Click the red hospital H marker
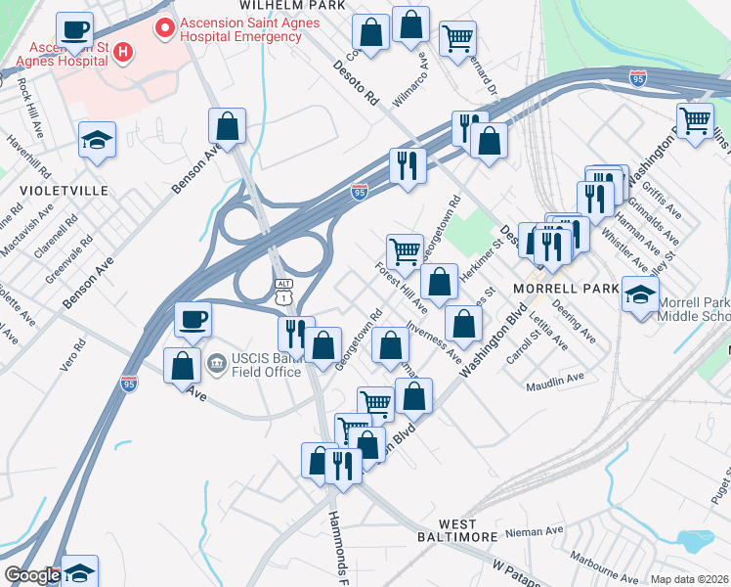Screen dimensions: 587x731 pyautogui.click(x=123, y=52)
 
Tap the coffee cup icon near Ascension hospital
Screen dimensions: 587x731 pyautogui.click(x=75, y=30)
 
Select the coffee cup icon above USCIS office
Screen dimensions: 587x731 pyautogui.click(x=193, y=319)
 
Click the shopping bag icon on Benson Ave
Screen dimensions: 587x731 pyautogui.click(x=227, y=127)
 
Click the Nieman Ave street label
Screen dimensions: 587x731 pyautogui.click(x=536, y=531)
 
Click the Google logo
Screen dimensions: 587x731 pyautogui.click(x=32, y=576)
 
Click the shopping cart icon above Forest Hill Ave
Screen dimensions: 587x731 pyautogui.click(x=404, y=251)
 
